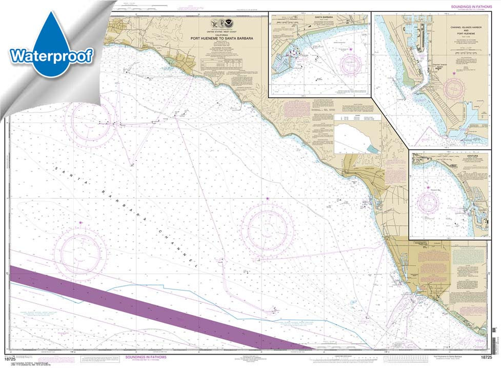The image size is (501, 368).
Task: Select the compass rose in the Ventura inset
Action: (x=428, y=204)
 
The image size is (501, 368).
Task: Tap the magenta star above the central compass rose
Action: (x=267, y=198)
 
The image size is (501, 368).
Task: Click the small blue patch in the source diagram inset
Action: (x=374, y=148)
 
